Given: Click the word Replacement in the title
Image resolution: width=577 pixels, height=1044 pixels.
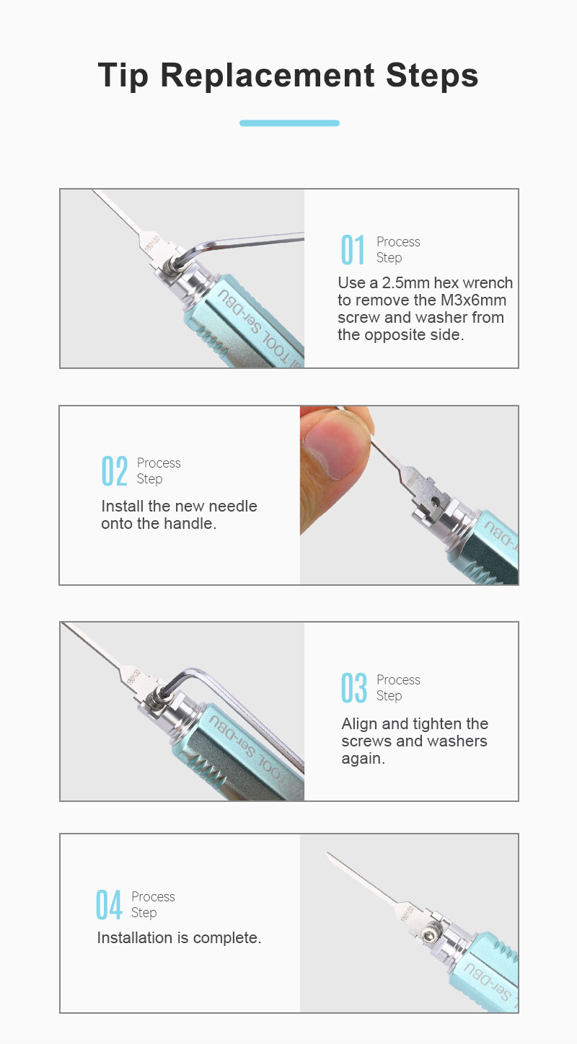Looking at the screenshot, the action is point(268,76).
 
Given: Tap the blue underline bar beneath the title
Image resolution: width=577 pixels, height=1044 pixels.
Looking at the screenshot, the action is point(289,123).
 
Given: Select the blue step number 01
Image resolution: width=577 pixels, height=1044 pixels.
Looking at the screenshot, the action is point(353,250).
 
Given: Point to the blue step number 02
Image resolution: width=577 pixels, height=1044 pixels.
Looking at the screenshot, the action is point(114,470).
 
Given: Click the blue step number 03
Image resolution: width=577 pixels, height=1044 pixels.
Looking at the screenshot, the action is point(354,688).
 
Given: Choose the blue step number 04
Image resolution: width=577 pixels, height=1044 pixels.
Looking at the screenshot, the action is point(109,905).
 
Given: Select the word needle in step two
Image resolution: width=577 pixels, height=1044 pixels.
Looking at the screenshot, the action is point(233,507).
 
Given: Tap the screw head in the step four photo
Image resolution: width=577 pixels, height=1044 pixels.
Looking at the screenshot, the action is point(430,934).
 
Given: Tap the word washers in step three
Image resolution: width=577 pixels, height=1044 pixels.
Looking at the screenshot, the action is point(457,741).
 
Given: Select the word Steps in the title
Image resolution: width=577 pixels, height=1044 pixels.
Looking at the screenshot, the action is point(433,76).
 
